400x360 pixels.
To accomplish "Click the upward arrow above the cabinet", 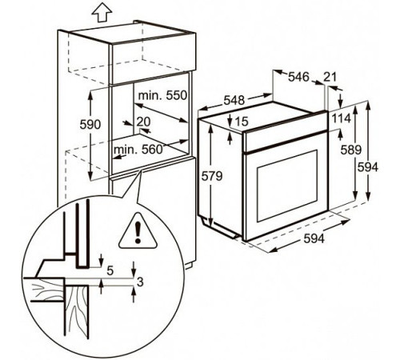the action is click(102, 14).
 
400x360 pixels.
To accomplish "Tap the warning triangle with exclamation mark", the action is click(138, 231).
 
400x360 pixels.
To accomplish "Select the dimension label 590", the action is click(90, 125).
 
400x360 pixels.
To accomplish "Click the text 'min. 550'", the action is click(162, 95).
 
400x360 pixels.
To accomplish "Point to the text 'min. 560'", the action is click(138, 150).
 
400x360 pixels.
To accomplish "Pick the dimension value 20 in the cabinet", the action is click(143, 122).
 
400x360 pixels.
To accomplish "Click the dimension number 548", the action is click(234, 100).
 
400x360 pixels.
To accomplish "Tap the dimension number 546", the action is click(298, 77).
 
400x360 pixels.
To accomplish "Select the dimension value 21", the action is click(330, 77).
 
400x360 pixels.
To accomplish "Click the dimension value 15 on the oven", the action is click(242, 122).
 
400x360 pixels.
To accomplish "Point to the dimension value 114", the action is click(341, 118).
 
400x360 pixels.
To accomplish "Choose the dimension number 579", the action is click(211, 176).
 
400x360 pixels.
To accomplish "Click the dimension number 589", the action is click(351, 150).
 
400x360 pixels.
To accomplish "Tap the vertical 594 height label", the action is click(368, 167).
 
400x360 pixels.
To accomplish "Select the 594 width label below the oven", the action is click(314, 238).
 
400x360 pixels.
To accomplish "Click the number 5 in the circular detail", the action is click(110, 270).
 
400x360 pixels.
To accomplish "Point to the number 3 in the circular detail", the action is click(140, 282).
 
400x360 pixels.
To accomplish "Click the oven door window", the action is click(287, 186).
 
